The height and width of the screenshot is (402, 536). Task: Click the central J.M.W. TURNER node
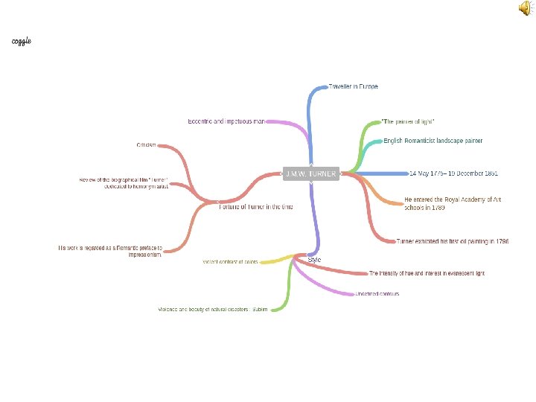pos(310,173)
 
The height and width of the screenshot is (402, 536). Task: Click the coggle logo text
pos(22,40)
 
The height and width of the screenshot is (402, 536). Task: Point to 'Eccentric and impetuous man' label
pos(226,121)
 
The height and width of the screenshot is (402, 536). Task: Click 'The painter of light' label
pos(408,121)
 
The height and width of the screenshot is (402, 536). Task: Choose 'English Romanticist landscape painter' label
pos(433,141)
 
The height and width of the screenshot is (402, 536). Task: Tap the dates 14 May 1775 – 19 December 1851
pos(453,173)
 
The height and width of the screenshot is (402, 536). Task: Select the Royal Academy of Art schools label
pos(453,203)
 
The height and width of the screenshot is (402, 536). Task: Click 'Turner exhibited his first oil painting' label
pos(453,241)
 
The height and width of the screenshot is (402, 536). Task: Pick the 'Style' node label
pos(315,260)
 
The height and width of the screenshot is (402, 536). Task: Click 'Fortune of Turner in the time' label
pos(255,207)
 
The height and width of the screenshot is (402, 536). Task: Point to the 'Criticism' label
pos(146,145)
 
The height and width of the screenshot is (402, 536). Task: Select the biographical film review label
pos(124,183)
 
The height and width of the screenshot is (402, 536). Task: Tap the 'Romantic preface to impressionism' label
pos(109,251)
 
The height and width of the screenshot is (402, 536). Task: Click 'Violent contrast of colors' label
pos(230,262)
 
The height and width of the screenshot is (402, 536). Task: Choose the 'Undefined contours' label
pos(377,294)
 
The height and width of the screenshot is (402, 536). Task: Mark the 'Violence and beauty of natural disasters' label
pos(212,309)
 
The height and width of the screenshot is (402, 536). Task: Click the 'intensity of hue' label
pos(427,273)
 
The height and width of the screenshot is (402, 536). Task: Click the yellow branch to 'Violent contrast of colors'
pos(275,260)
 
